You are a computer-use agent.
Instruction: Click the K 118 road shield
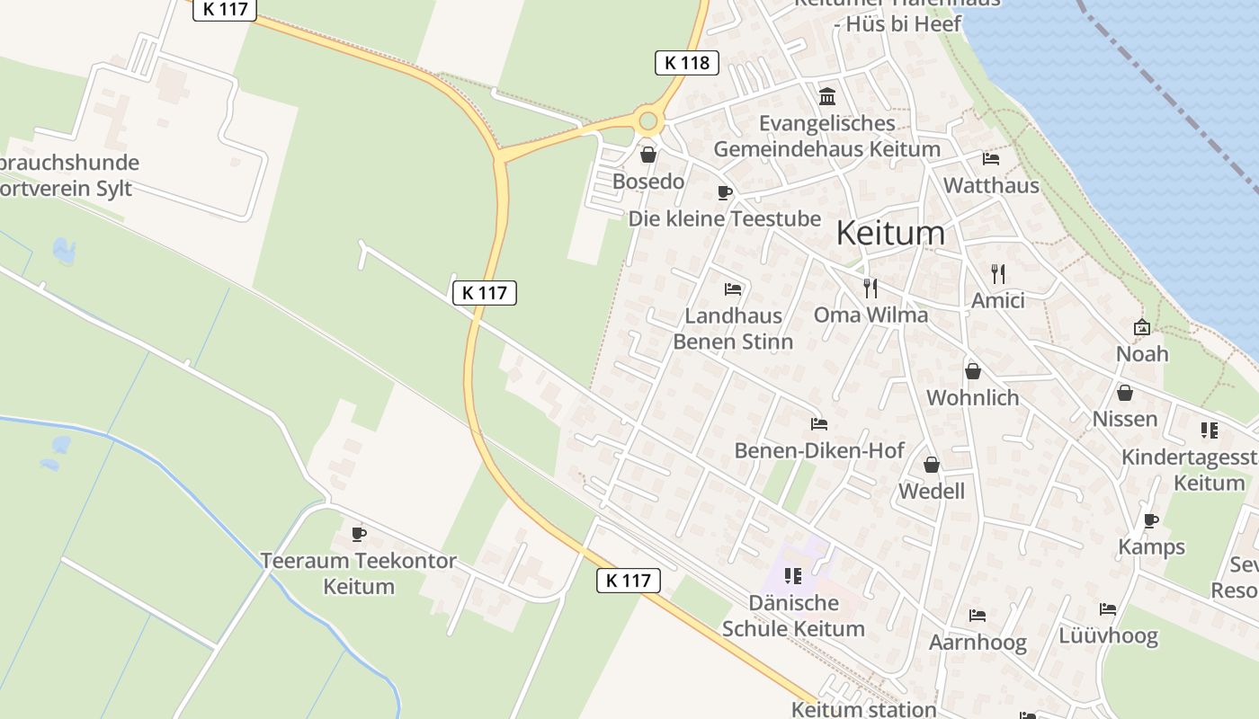click(x=687, y=63)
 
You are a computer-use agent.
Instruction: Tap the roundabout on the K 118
click(x=647, y=121)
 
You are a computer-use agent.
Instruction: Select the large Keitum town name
click(x=890, y=233)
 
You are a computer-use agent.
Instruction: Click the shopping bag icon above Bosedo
click(x=647, y=155)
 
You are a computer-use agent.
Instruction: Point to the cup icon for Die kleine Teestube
click(x=725, y=192)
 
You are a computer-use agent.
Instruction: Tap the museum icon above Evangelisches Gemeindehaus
click(x=827, y=96)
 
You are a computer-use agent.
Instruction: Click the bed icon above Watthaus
click(x=991, y=159)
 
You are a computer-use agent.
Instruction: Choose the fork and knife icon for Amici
click(x=997, y=273)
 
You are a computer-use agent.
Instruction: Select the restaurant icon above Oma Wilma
click(x=870, y=288)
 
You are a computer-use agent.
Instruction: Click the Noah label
click(x=1142, y=353)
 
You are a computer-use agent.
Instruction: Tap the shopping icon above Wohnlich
click(x=972, y=370)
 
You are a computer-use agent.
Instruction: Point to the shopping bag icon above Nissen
click(x=1124, y=393)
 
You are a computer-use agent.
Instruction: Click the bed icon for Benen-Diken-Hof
click(x=818, y=423)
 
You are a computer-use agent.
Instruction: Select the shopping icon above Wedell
click(x=932, y=465)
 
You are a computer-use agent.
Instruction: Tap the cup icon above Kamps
click(x=1151, y=520)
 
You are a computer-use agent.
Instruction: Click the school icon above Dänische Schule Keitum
click(x=792, y=575)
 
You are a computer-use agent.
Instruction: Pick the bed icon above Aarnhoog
click(x=978, y=616)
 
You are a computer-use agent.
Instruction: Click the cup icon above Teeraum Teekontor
click(x=359, y=535)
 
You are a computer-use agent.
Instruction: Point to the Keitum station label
click(x=863, y=709)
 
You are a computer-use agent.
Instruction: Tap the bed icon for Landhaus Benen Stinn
click(x=733, y=289)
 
